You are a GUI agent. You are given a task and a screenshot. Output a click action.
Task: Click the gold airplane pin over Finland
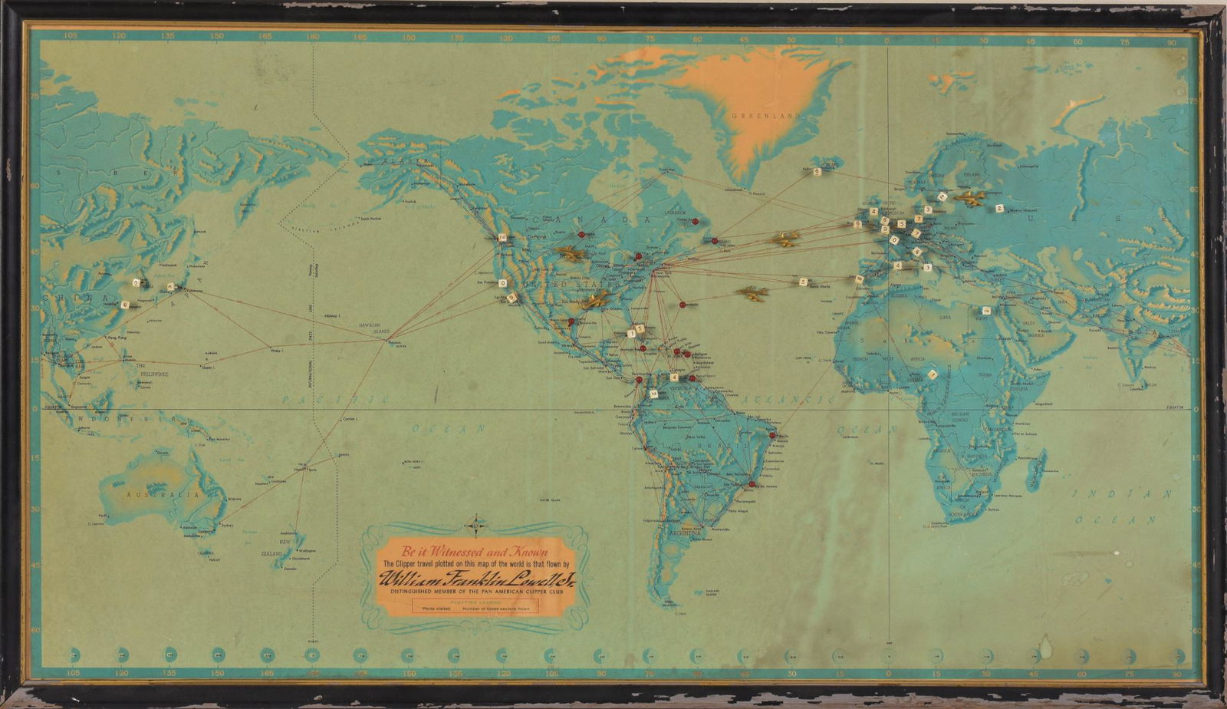pyautogui.click(x=971, y=198)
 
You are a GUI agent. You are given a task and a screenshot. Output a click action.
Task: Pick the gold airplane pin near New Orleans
pyautogui.click(x=594, y=300)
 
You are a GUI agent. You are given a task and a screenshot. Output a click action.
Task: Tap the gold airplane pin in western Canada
pyautogui.click(x=570, y=252)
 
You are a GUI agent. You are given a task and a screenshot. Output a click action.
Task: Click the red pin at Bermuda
pyautogui.click(x=681, y=304)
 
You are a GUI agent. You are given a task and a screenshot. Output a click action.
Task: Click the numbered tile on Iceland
pyautogui.click(x=817, y=173)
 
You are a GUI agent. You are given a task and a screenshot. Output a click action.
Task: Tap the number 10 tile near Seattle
pyautogui.click(x=503, y=237)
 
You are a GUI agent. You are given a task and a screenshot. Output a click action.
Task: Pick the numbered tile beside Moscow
pyautogui.click(x=999, y=208)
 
